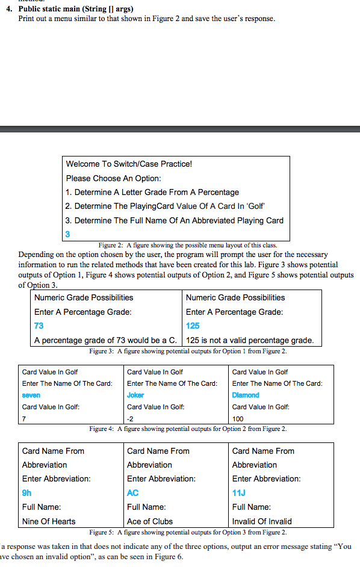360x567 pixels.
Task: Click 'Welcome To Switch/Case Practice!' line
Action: pyautogui.click(x=129, y=164)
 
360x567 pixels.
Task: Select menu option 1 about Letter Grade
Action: pyautogui.click(x=152, y=192)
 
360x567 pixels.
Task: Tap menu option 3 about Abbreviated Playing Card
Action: pyautogui.click(x=175, y=220)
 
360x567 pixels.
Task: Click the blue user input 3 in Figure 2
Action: pyautogui.click(x=68, y=234)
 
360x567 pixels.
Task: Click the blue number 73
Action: pyautogui.click(x=39, y=326)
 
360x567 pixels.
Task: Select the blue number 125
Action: pyautogui.click(x=193, y=326)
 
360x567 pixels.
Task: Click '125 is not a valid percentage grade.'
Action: pyautogui.click(x=250, y=340)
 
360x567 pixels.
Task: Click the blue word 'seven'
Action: pyautogui.click(x=31, y=395)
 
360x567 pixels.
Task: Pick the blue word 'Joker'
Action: pyautogui.click(x=135, y=395)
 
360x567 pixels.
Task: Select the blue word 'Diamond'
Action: pyautogui.click(x=246, y=395)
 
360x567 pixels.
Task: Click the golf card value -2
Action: pyautogui.click(x=131, y=418)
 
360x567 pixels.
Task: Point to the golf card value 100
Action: pyautogui.click(x=238, y=418)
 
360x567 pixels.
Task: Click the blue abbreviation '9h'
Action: pyautogui.click(x=27, y=493)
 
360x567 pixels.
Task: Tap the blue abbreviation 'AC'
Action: pyautogui.click(x=133, y=493)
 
